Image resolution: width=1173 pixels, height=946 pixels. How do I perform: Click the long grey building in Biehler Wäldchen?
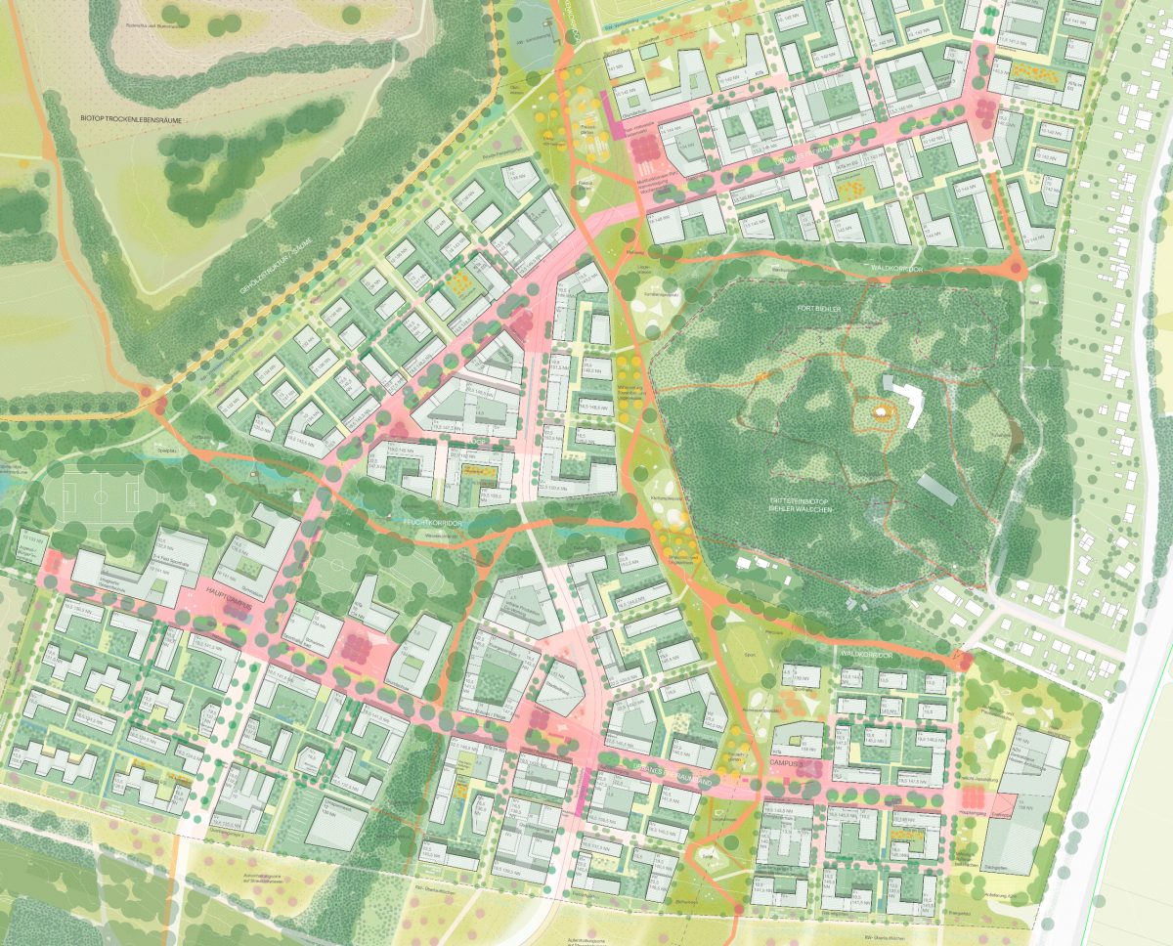click(937, 490)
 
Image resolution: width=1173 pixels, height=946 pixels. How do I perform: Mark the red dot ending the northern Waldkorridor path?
click(1016, 268)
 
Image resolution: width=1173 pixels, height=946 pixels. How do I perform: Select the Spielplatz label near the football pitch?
click(167, 451)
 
